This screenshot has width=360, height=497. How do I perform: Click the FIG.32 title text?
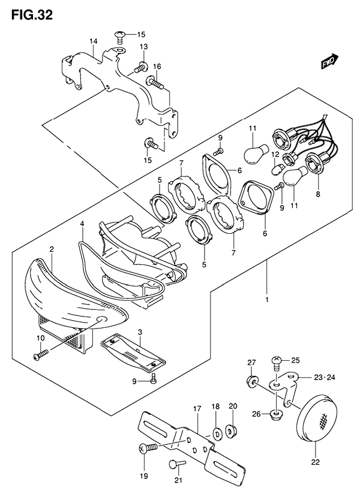32,14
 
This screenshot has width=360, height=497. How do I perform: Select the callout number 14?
93,41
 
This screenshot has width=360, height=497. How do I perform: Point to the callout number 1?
267,300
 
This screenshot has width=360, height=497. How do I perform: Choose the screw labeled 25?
277,363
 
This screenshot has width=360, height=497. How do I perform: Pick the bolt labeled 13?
141,67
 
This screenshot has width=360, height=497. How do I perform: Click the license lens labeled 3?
133,351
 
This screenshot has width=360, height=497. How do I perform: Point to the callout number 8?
318,194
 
